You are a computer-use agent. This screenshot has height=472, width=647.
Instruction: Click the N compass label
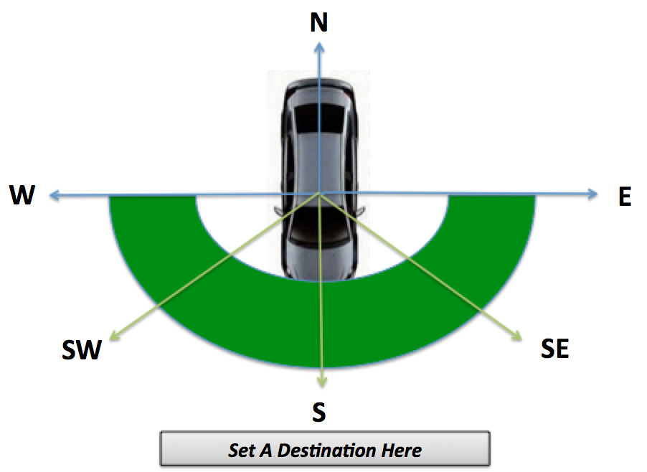pos(319,22)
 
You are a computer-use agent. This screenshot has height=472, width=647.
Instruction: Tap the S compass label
pos(319,412)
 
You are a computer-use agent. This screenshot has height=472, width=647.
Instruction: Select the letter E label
pos(625,197)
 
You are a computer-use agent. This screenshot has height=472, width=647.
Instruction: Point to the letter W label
pos(22,195)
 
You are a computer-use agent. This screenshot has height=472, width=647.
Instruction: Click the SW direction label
pos(82,350)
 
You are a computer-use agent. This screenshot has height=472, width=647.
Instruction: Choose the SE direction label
pos(555,349)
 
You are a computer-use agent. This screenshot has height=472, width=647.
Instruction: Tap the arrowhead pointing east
pos(592,194)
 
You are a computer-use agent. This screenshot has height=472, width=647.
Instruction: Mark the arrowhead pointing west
pos(54,195)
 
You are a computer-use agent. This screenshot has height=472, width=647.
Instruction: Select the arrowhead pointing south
pos(322,382)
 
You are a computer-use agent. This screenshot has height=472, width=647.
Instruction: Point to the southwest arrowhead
pos(114,336)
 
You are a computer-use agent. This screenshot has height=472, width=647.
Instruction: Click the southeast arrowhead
pos(517,336)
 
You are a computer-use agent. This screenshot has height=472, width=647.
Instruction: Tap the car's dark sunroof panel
pos(318,118)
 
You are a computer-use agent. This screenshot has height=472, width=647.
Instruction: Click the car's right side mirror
pos(361,211)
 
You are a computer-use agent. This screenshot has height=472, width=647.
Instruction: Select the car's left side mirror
pos(279,211)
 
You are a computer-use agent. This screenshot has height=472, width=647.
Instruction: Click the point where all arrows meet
pos(320,194)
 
